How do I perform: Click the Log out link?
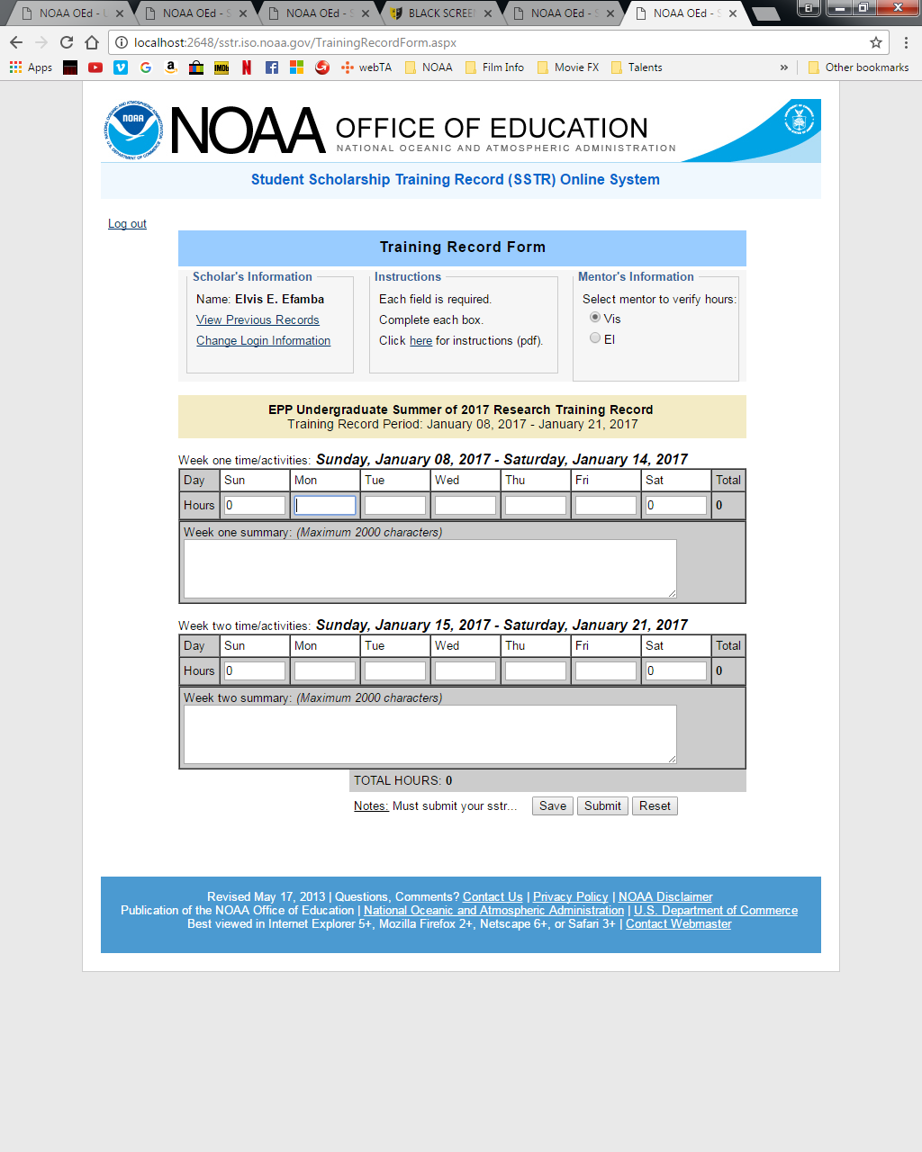[x=127, y=224]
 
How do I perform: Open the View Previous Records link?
[x=258, y=320]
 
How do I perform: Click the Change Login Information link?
[x=263, y=341]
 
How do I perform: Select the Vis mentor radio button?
[x=595, y=318]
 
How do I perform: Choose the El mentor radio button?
[x=595, y=338]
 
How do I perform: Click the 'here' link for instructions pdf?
[x=420, y=341]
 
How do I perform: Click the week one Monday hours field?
[x=325, y=506]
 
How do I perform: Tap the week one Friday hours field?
[x=605, y=506]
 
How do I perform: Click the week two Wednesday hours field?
[x=465, y=671]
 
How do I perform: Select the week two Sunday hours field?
[x=255, y=671]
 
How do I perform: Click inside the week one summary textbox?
[x=429, y=569]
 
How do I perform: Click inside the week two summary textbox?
[x=429, y=734]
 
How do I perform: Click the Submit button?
[x=602, y=806]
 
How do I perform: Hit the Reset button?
[x=655, y=806]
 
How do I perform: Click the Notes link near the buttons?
[x=371, y=806]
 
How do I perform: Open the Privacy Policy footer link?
[x=570, y=897]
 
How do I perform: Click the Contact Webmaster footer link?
[x=678, y=924]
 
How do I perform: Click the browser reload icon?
[x=67, y=42]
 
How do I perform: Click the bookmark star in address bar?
[x=875, y=42]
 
